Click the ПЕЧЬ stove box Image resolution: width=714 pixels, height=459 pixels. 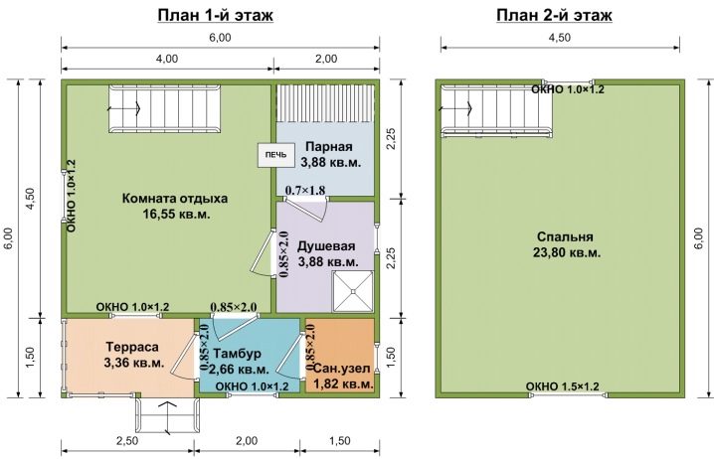[275, 155]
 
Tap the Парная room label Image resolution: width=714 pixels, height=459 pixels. [329, 146]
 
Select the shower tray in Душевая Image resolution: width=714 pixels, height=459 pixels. [353, 291]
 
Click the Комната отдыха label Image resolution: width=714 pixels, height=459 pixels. [175, 199]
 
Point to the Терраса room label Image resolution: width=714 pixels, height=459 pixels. [132, 347]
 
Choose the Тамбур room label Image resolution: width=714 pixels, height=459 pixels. [237, 354]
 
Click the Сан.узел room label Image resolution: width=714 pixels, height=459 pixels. [342, 369]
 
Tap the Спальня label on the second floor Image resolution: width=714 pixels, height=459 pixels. [565, 237]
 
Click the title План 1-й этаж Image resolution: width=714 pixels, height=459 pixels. [216, 15]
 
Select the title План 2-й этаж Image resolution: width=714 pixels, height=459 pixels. [554, 15]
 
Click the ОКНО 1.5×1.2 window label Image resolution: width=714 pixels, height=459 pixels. [563, 386]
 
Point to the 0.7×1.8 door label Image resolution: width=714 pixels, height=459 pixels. [305, 190]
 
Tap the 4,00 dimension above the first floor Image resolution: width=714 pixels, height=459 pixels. [167, 59]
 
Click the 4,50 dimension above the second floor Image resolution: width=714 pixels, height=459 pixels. [560, 38]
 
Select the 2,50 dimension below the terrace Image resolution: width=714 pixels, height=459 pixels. [127, 441]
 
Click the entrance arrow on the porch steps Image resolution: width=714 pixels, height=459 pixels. [168, 417]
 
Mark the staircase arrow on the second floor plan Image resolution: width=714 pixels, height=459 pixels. [455, 108]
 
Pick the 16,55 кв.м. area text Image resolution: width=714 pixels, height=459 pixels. [177, 215]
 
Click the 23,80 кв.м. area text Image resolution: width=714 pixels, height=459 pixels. [567, 252]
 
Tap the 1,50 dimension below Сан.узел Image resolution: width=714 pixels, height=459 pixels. [340, 441]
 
